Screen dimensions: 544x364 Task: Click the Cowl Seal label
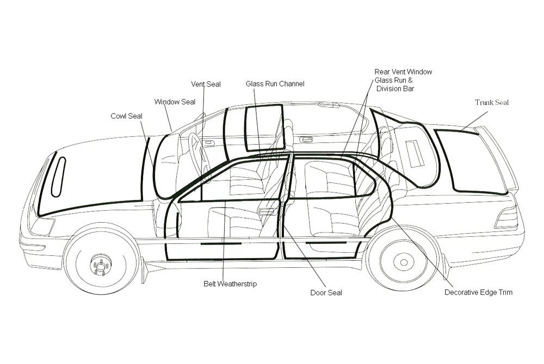(126, 116)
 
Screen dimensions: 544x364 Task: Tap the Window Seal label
(175, 102)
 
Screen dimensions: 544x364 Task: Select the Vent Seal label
(206, 84)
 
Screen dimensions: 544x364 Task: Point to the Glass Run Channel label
(275, 84)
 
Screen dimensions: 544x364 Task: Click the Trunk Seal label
(492, 103)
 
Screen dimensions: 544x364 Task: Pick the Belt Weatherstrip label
(230, 284)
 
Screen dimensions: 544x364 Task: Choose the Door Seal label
(326, 293)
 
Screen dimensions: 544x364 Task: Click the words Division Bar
(395, 89)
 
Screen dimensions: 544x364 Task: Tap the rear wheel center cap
(404, 262)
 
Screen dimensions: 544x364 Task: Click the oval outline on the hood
(58, 177)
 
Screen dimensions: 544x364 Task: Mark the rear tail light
(506, 217)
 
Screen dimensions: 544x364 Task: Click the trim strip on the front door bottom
(221, 244)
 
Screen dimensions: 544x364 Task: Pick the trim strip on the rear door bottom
(326, 243)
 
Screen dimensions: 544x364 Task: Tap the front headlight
(42, 225)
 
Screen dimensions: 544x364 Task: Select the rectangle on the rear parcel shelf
(415, 153)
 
